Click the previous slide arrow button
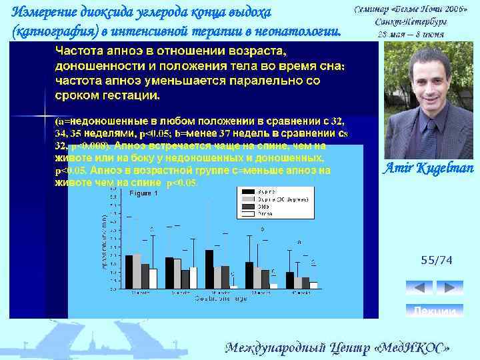click(x=419, y=287)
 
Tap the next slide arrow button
click(x=449, y=287)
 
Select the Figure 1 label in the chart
click(x=143, y=193)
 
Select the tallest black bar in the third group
click(x=209, y=269)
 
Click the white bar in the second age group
click(x=193, y=277)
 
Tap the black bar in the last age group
click(x=289, y=280)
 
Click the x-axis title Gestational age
click(x=220, y=299)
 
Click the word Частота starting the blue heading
click(x=79, y=51)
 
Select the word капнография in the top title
click(x=45, y=31)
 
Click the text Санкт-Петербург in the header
click(x=411, y=21)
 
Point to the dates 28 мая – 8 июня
click(x=411, y=33)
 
